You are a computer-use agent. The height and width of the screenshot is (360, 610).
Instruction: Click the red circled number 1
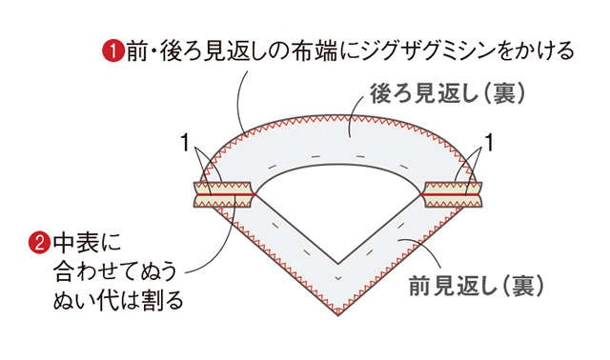pos(113,52)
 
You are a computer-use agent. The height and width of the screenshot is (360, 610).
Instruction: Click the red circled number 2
pos(40,243)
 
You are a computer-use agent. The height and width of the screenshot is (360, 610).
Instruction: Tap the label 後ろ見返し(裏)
pos(447,94)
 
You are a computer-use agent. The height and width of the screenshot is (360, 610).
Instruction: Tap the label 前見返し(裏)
pos(476,286)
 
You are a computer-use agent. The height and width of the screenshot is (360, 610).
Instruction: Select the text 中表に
pos(87,243)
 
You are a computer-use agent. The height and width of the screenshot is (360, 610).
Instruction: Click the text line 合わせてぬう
pos(115,271)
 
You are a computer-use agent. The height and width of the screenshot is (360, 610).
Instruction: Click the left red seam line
pos(225,194)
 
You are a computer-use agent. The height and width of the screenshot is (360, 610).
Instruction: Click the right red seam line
pos(452,194)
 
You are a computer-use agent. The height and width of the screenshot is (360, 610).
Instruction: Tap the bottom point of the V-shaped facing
pos(338,314)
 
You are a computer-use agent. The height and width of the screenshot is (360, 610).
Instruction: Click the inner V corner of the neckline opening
pos(338,264)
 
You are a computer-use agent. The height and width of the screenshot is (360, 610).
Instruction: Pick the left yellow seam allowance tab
pos(223,194)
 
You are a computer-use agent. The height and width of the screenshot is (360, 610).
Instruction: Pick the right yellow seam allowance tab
pos(453,194)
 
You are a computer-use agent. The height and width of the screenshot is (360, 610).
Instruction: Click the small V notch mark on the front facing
pos(338,277)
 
